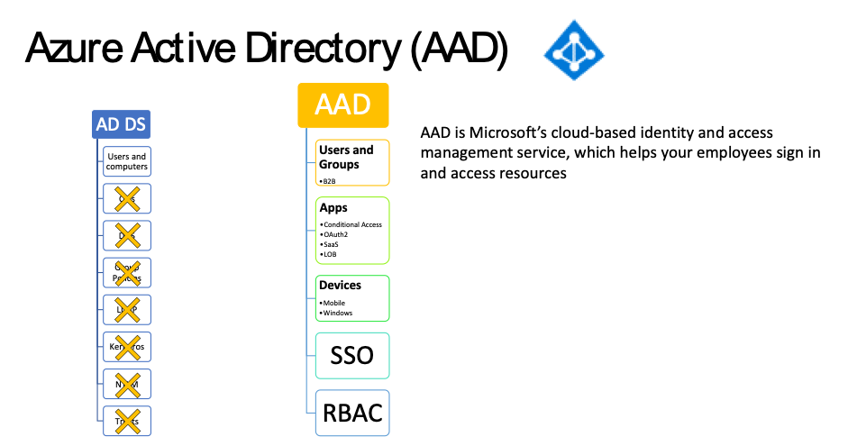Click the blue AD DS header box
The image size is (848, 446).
point(121,124)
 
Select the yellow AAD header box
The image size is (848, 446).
point(343,105)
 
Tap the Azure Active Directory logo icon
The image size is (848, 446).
point(573,50)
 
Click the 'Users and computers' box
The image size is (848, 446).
point(126,161)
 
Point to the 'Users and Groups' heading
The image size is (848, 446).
point(346,157)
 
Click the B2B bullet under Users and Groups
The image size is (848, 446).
point(329,180)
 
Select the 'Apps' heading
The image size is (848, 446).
point(333,208)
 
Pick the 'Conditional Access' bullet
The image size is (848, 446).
point(352,224)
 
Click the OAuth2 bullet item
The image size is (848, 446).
point(335,234)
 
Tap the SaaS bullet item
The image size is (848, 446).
point(331,244)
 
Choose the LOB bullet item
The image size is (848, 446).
point(330,254)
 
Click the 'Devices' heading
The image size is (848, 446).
point(340,285)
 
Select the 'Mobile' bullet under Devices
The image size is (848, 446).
point(334,303)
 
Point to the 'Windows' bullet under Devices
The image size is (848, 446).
point(338,313)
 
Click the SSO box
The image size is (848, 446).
point(352,355)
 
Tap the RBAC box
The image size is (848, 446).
point(352,413)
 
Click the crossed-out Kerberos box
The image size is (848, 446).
point(126,346)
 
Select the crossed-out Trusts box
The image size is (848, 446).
point(126,420)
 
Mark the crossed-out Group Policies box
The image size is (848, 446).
point(126,272)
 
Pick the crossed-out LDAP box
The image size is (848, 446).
point(126,309)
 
